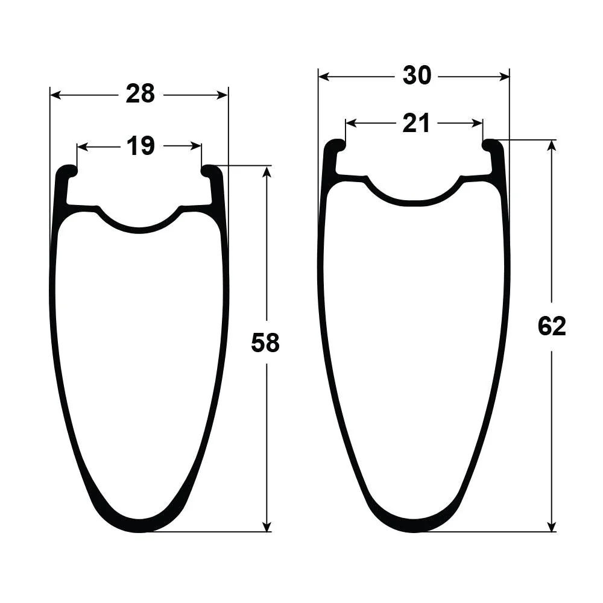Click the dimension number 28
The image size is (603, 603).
pyautogui.click(x=140, y=94)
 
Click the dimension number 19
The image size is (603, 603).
pyautogui.click(x=140, y=146)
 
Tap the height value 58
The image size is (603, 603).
pyautogui.click(x=265, y=343)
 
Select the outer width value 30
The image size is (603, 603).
pyautogui.click(x=417, y=75)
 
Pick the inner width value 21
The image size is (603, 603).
pyautogui.click(x=416, y=124)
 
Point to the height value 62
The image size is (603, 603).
pyautogui.click(x=552, y=327)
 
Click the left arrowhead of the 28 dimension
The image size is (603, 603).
pyautogui.click(x=55, y=95)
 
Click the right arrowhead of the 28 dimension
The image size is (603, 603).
pyautogui.click(x=223, y=95)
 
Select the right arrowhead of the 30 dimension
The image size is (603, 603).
pyautogui.click(x=504, y=77)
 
